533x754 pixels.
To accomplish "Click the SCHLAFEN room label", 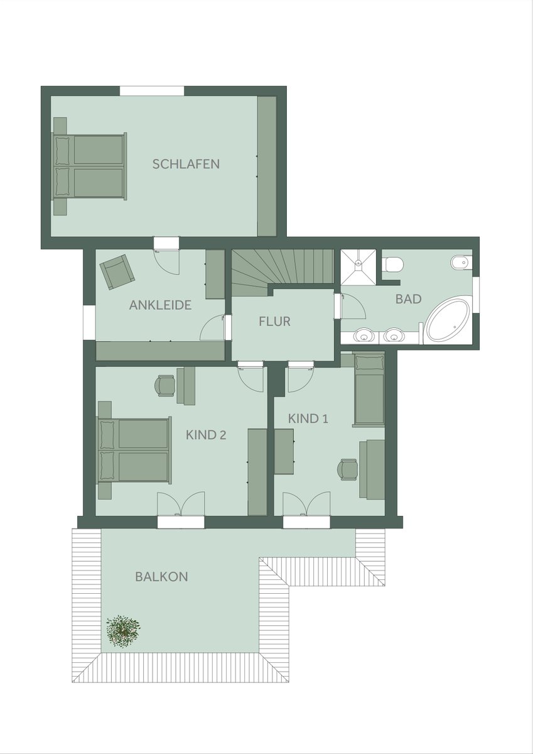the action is click(186, 164).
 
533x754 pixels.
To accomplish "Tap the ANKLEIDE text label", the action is click(161, 305).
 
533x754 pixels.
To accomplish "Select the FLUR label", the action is click(274, 322).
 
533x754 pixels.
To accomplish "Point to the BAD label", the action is click(408, 299).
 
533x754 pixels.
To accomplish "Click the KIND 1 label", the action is click(308, 418).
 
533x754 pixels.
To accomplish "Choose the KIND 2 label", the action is click(206, 435).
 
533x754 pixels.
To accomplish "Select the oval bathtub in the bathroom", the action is click(448, 319).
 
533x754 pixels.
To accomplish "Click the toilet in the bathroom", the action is click(394, 264).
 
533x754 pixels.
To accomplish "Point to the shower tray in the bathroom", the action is click(358, 267).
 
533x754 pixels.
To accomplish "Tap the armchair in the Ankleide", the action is click(117, 271).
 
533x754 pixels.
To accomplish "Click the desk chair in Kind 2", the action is click(164, 385).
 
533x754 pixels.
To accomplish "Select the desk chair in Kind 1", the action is click(348, 469).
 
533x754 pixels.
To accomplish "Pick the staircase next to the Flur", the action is click(283, 272).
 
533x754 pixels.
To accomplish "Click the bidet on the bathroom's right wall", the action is click(461, 262).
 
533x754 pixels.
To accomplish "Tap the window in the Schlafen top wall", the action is click(152, 91).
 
